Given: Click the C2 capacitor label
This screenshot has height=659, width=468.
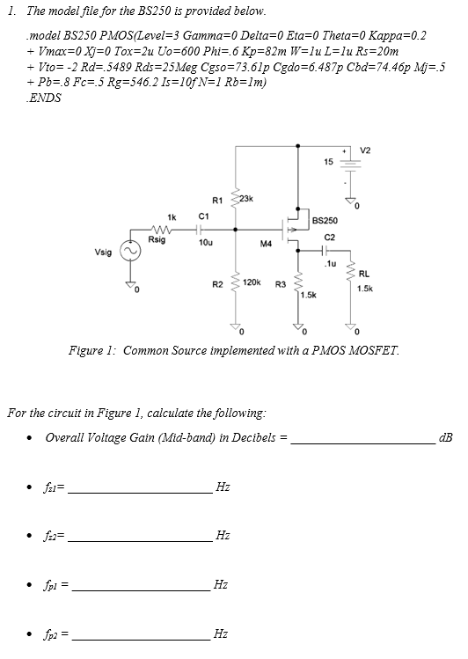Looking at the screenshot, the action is [x=328, y=237].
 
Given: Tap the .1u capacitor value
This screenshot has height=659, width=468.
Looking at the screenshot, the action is [x=328, y=264].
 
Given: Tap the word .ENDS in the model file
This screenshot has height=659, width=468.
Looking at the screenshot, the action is [x=44, y=98].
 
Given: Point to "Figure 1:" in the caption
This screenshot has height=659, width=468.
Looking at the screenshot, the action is [x=91, y=350].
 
